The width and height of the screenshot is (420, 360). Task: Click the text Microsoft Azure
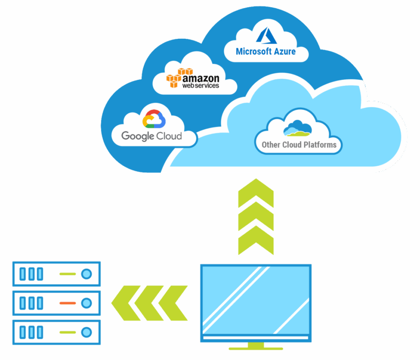pos(266,51)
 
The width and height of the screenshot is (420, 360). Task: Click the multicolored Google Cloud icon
pos(154,120)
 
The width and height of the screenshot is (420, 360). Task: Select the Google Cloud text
pos(151,136)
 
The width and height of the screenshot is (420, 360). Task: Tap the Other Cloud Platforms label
pos(298,145)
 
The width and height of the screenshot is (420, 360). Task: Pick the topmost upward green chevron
pos(256,193)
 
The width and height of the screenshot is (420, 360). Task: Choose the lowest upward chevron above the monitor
pos(256,241)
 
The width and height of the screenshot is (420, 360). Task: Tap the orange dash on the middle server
pos(67,303)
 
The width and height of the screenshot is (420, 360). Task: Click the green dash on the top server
pos(67,274)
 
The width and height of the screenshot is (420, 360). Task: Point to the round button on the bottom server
pos(86,332)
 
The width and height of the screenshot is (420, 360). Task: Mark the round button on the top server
pos(86,274)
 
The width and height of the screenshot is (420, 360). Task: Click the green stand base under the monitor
pos(255,347)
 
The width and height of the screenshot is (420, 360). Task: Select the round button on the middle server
pos(86,303)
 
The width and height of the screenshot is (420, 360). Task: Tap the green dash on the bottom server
pos(67,332)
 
